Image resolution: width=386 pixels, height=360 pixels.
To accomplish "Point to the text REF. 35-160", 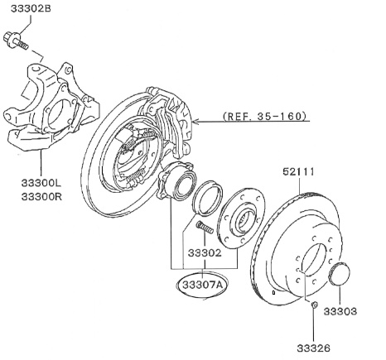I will pyautogui.click(x=264, y=117).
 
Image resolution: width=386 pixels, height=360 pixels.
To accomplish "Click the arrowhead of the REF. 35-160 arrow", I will pyautogui.click(x=197, y=118).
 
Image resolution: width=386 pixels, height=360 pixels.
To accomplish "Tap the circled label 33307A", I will pyautogui.click(x=200, y=285).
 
